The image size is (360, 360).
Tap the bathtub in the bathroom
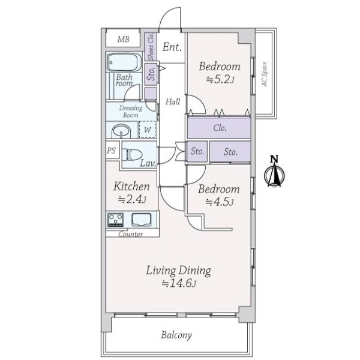tap(124, 62)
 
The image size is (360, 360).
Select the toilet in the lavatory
tap(132, 155)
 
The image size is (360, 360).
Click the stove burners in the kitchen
tap(115, 220)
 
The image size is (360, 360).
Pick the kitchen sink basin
tap(142, 220)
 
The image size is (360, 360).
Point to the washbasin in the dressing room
tap(121, 131)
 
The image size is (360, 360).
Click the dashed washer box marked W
tap(148, 130)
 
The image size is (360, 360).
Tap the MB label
tap(123, 39)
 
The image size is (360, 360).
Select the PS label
tap(112, 151)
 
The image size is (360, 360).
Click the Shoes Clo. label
tap(151, 47)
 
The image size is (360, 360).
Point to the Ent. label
tap(172, 47)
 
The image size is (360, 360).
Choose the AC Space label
tap(265, 74)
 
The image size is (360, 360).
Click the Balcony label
tap(176, 335)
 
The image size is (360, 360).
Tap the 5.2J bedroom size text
tap(220, 80)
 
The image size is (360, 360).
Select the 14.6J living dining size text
tap(179, 283)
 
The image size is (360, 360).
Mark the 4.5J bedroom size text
tap(219, 202)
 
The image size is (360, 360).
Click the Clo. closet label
tap(220, 128)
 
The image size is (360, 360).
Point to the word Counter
tap(130, 234)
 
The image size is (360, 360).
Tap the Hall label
tap(173, 101)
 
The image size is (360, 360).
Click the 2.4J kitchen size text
tap(132, 199)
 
